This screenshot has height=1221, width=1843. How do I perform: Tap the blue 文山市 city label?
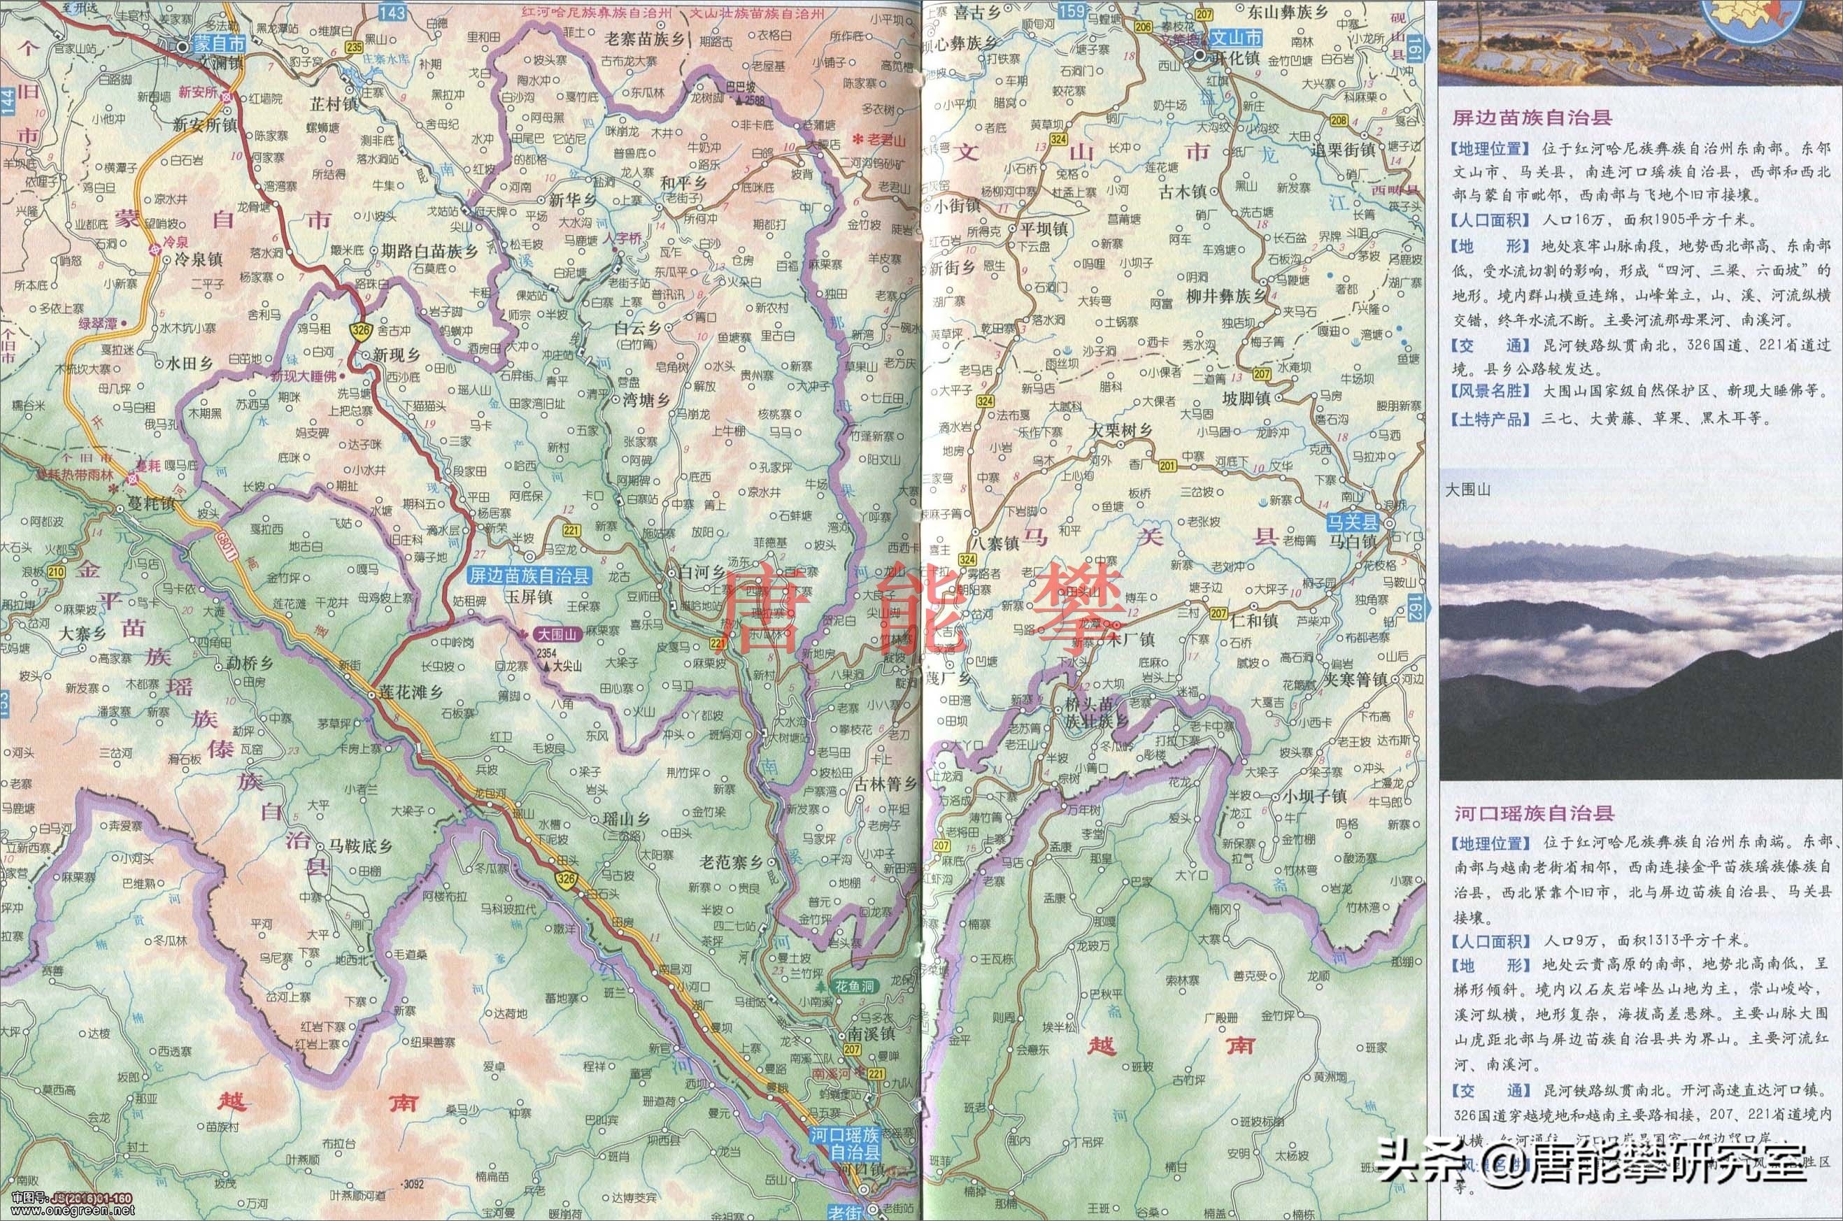click(1239, 36)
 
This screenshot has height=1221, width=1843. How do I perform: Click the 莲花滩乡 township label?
click(411, 692)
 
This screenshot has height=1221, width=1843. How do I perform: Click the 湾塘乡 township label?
click(646, 400)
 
